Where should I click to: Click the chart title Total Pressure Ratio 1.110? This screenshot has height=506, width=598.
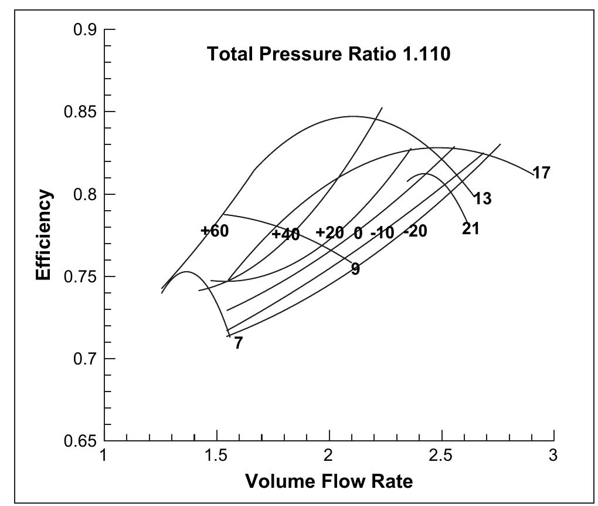[x=329, y=55]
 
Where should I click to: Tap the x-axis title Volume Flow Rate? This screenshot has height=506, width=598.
[x=329, y=481]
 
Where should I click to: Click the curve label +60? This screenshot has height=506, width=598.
[x=215, y=231]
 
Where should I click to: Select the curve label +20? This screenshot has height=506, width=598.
[x=329, y=233]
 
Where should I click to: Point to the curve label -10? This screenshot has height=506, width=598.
[x=382, y=233]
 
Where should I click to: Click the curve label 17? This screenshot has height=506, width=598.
[x=541, y=173]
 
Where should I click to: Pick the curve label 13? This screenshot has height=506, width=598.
[x=482, y=199]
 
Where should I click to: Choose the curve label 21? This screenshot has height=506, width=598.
[x=470, y=229]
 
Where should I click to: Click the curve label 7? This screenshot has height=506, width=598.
[x=238, y=343]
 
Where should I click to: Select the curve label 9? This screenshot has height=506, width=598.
[x=355, y=269]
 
